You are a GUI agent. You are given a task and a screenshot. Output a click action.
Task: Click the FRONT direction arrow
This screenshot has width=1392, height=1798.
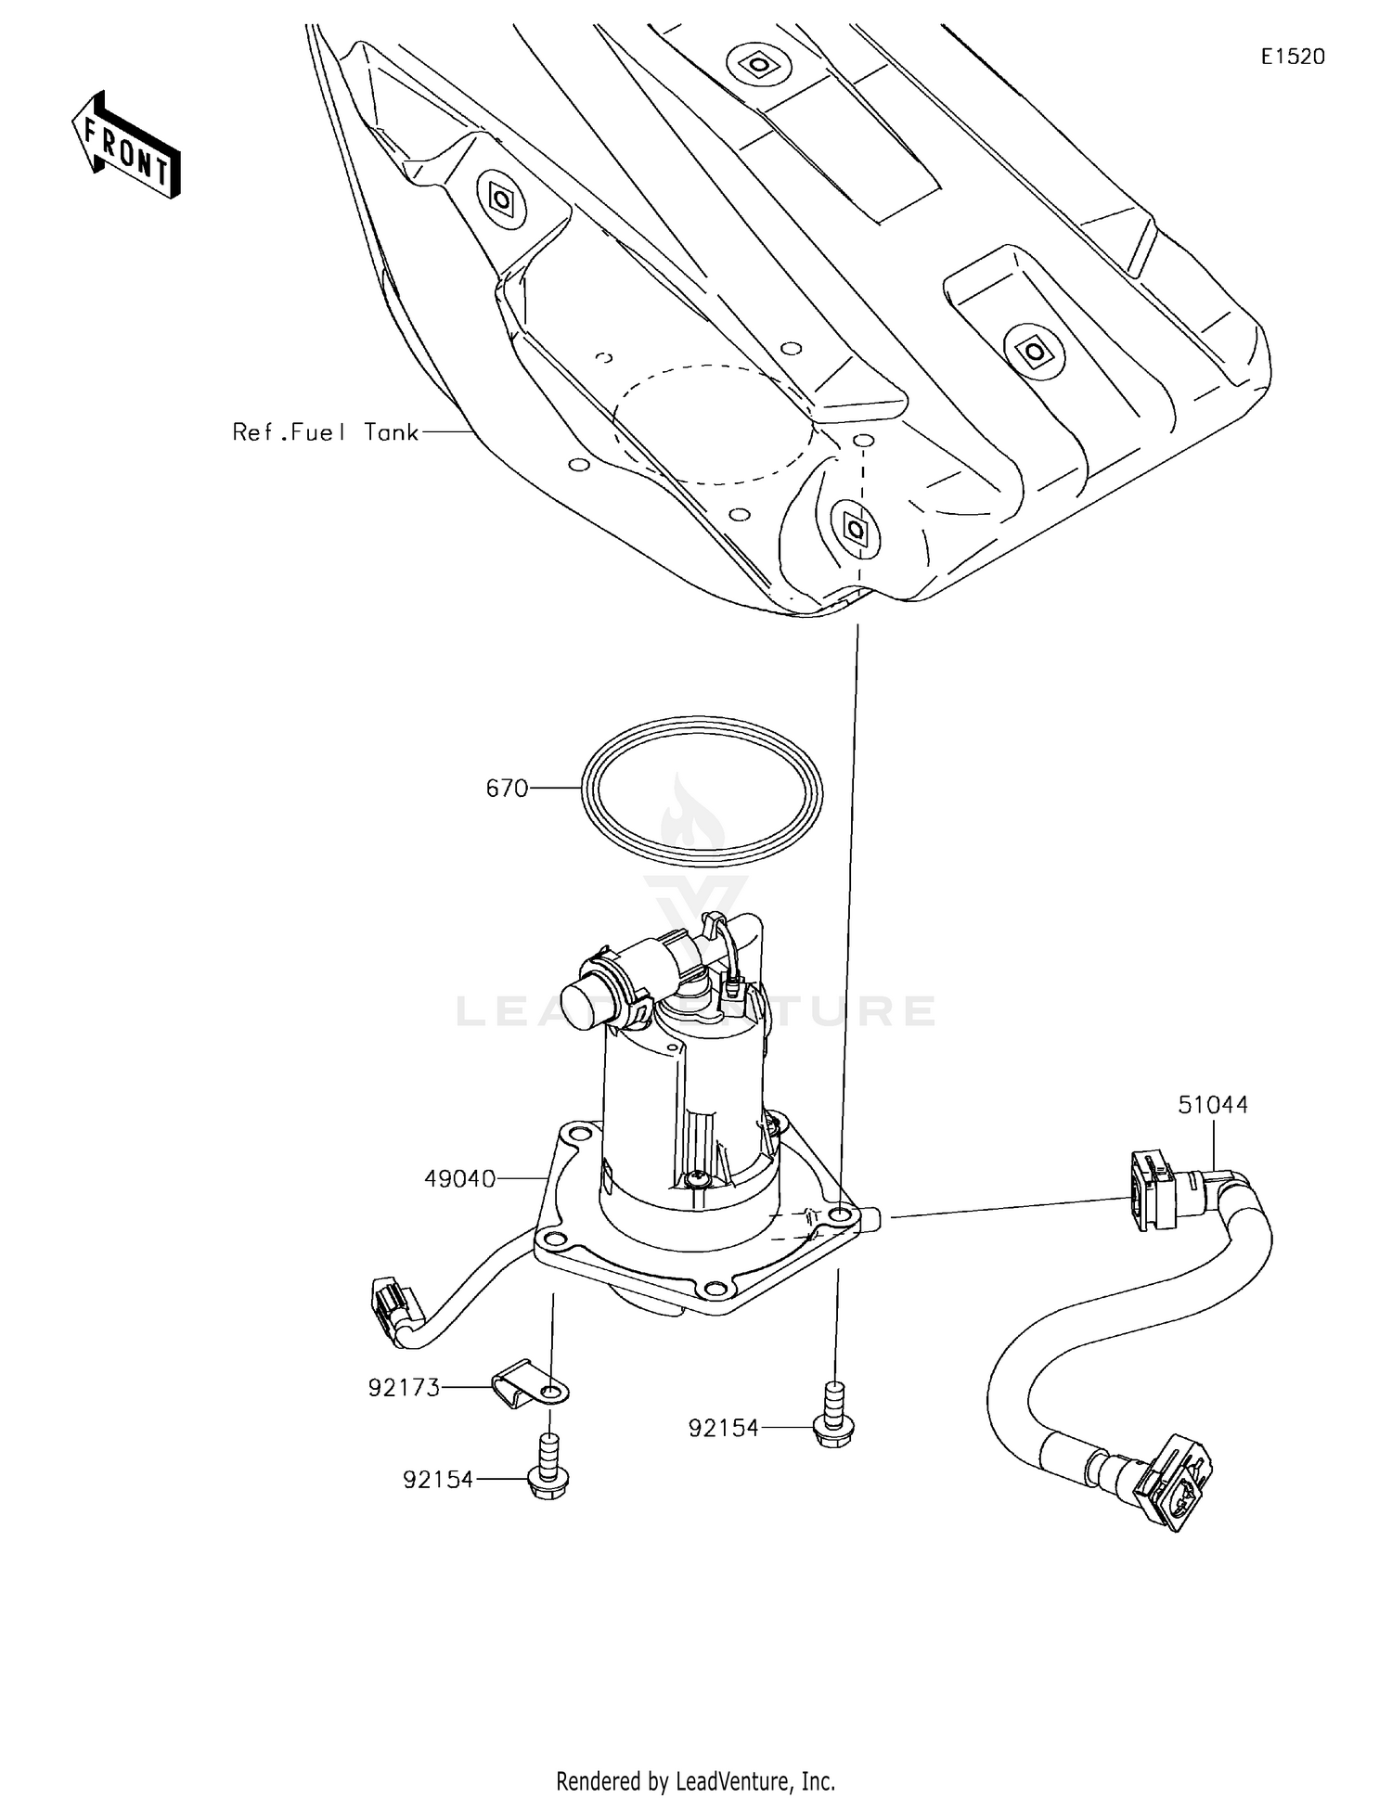[126, 147]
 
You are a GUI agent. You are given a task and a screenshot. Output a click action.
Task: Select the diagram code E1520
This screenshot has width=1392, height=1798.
[1292, 57]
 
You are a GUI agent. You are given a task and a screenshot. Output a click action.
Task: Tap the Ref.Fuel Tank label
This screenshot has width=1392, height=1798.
[325, 432]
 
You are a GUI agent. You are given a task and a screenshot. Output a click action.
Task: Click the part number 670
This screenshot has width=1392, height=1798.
[507, 789]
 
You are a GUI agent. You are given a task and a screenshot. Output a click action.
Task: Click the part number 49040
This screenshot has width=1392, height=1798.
[460, 1178]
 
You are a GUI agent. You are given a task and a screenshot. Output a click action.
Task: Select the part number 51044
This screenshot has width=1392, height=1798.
[1213, 1105]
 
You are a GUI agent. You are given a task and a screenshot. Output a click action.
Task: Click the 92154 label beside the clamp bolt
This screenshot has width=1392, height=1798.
[438, 1479]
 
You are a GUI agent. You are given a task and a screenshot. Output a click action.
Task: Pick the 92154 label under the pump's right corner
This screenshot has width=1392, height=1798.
[723, 1428]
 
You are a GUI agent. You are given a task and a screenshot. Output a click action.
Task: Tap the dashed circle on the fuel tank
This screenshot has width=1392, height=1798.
[713, 424]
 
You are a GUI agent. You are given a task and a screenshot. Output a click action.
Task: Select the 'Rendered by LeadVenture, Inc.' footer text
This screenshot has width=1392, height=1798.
[695, 1780]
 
